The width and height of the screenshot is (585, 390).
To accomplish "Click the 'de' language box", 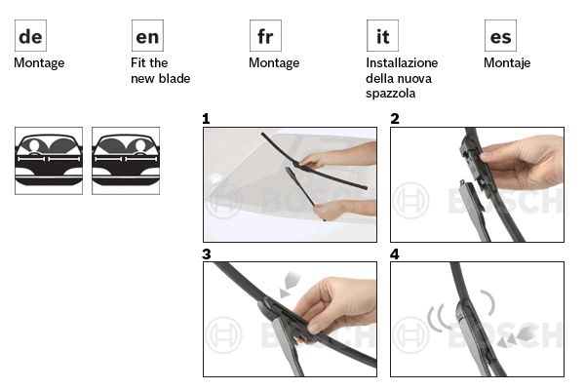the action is point(30,36).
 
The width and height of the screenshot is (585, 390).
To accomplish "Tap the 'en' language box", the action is point(147,36).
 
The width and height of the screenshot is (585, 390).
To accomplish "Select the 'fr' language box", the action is point(265,36).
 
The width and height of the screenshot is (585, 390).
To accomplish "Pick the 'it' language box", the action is point(382,36).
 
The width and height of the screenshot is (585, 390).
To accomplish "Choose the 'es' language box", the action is point(500,36).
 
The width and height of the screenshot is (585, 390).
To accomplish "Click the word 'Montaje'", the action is point(507,63).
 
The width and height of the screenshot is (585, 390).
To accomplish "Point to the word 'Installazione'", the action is point(402,62).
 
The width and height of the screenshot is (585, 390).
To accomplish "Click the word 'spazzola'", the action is point(391,94).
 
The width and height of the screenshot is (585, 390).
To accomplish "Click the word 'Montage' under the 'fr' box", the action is point(274,63).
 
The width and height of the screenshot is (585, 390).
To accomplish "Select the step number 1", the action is point(206,119).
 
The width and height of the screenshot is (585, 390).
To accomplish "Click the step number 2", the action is point(395,119).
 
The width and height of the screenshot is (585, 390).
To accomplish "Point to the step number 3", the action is point(207,254).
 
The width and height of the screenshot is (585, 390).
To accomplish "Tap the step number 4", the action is point(395,254).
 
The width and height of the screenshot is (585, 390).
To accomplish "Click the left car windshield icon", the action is point(49,161).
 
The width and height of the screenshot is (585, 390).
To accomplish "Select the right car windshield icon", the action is point(126,161).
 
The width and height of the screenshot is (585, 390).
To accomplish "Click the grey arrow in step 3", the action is point(290,285).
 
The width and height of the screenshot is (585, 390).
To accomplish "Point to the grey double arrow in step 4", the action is point(517,334).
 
